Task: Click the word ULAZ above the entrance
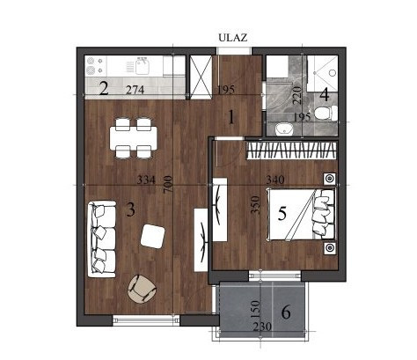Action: click(233, 38)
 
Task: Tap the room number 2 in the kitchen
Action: click(104, 89)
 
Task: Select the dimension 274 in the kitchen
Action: click(135, 90)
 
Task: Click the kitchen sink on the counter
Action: click(142, 66)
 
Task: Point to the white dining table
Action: click(133, 137)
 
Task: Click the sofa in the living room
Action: click(102, 239)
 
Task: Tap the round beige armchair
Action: click(143, 289)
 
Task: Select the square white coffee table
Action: click(152, 236)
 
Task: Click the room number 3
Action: click(131, 210)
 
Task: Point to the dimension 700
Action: click(167, 184)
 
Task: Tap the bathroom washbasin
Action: click(284, 129)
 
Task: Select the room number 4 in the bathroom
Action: click(325, 95)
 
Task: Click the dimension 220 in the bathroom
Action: click(297, 94)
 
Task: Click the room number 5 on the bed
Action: click(282, 214)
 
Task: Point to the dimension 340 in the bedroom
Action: click(275, 180)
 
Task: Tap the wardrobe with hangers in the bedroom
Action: click(290, 151)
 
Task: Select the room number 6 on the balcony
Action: click(286, 312)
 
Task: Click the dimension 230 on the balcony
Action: click(262, 327)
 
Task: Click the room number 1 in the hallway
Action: click(231, 118)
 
